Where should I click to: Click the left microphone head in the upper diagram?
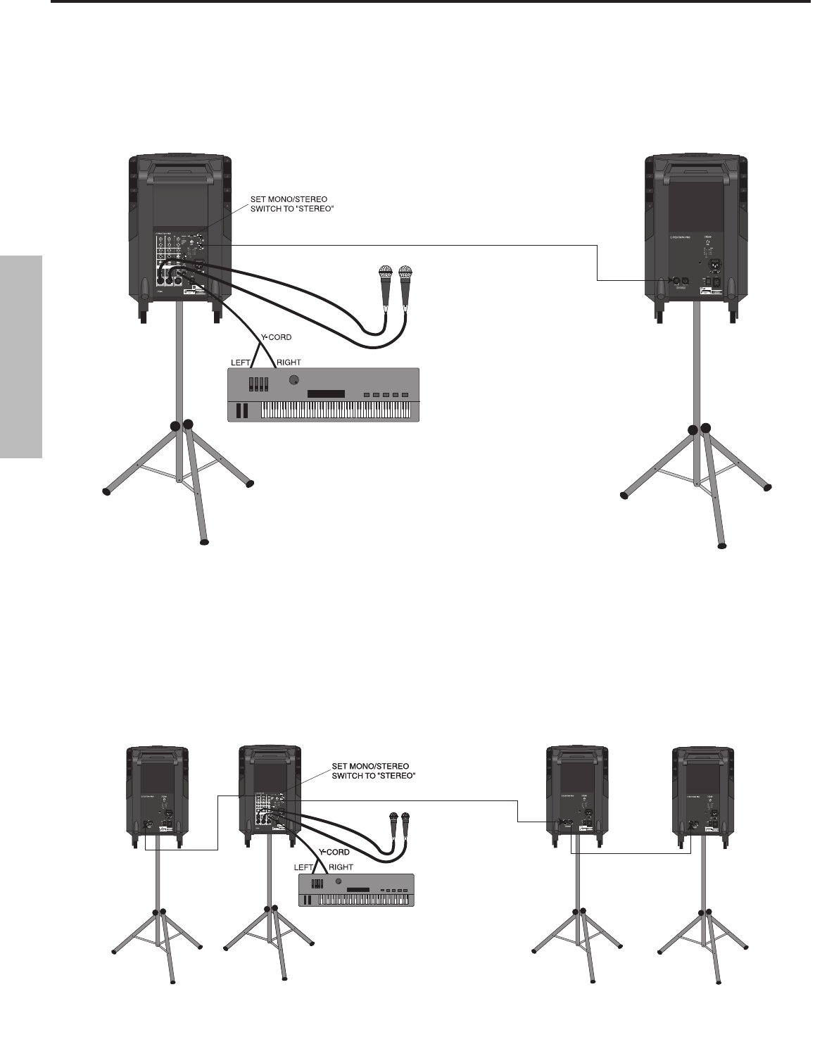point(384,273)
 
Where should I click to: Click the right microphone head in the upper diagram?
point(405,273)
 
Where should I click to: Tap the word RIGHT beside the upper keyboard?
point(289,362)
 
